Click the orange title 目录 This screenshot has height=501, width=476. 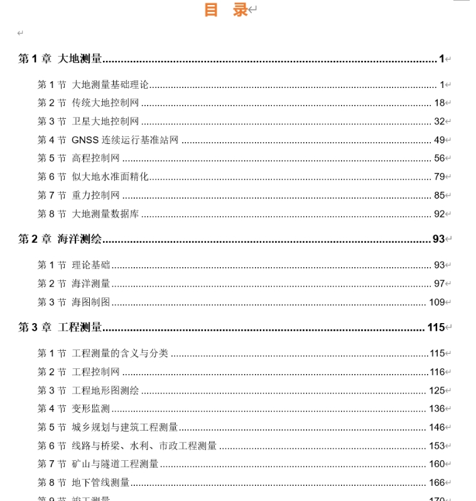(x=226, y=10)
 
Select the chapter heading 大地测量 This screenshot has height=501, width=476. (x=80, y=59)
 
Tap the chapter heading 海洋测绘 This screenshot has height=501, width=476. (x=80, y=239)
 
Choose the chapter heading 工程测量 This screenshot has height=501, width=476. (x=80, y=328)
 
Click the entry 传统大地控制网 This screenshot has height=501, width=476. (x=105, y=103)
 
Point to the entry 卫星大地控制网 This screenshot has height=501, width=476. (x=105, y=121)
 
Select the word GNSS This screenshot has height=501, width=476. (x=85, y=140)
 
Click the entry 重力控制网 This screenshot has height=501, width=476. (x=95, y=195)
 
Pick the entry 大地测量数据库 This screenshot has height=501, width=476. (x=105, y=214)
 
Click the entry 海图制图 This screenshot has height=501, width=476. (x=90, y=302)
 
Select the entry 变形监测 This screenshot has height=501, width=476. (x=90, y=409)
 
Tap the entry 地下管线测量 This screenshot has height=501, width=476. (x=100, y=483)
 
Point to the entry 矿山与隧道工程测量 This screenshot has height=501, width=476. (x=115, y=465)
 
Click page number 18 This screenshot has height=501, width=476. (x=439, y=103)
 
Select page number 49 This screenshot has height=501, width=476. (x=439, y=140)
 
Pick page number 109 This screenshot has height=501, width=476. (x=436, y=302)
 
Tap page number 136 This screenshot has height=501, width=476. (x=436, y=409)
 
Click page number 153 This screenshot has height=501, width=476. (x=436, y=446)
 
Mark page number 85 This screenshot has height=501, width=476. (x=439, y=195)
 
